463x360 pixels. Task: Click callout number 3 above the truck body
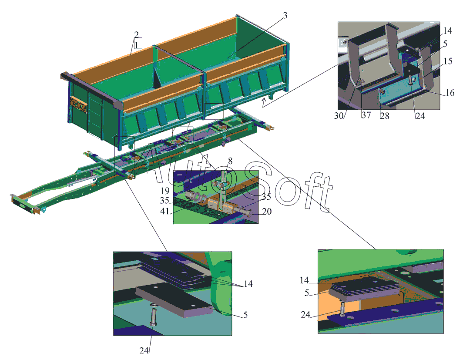click(x=285, y=15)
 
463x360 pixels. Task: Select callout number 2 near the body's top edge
click(x=136, y=34)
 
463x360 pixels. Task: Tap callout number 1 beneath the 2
click(x=137, y=45)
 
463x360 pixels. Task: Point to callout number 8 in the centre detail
click(x=230, y=161)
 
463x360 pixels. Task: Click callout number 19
click(x=165, y=191)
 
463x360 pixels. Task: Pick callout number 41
click(x=165, y=211)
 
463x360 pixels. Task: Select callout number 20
click(x=267, y=212)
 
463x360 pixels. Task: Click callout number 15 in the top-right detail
click(x=448, y=61)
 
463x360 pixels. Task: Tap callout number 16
click(x=450, y=93)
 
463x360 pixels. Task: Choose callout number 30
click(x=339, y=116)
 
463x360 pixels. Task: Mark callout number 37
click(x=366, y=115)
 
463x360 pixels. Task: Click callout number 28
click(x=385, y=116)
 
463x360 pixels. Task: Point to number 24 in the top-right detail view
click(x=420, y=116)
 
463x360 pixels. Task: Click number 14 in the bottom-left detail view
click(x=248, y=284)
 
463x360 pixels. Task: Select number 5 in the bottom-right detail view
click(x=307, y=293)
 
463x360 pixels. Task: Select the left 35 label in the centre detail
click(x=164, y=201)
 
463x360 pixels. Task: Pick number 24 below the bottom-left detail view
click(x=144, y=350)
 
